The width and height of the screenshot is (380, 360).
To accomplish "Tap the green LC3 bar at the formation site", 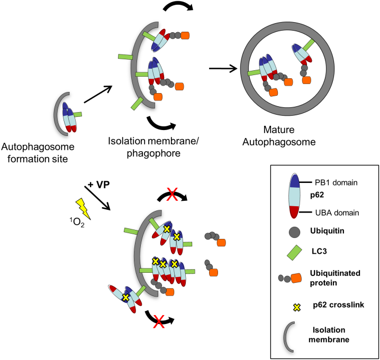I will coord(77,114).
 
